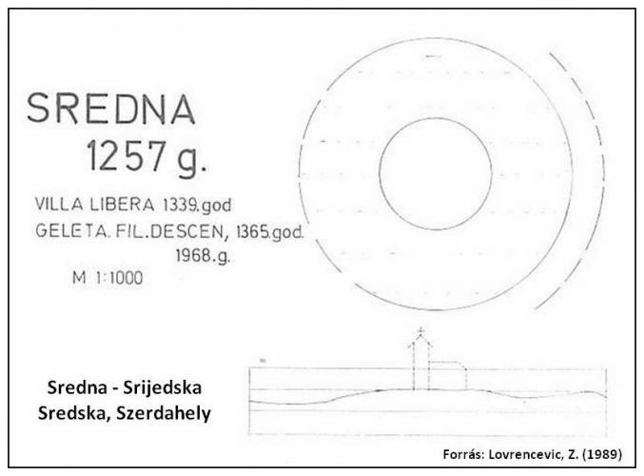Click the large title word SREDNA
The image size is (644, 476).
coord(111,109)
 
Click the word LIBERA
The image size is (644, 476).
coord(123,205)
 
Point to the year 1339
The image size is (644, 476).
coord(180,205)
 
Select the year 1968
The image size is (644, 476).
coord(193,255)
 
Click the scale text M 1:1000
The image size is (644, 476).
coord(107,278)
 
